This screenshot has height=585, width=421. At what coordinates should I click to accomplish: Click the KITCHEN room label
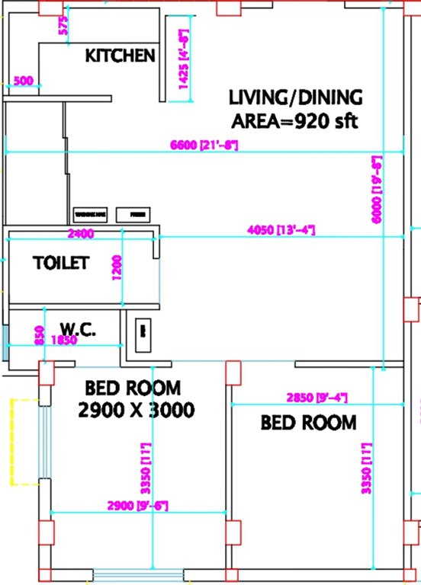(x=120, y=56)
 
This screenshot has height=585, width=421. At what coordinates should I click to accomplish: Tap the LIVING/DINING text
(x=296, y=98)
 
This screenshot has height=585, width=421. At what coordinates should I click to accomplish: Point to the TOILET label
(x=61, y=264)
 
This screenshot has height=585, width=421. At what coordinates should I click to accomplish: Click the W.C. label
(x=76, y=330)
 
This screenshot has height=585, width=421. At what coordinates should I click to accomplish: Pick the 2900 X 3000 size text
(x=137, y=411)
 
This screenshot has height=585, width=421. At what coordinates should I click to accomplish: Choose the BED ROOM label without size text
(x=308, y=422)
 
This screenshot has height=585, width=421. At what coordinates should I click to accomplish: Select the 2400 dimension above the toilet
(x=81, y=233)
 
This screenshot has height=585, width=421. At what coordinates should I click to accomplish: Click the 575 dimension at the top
(x=63, y=25)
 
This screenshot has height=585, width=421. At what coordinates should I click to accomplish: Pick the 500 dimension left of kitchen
(x=24, y=81)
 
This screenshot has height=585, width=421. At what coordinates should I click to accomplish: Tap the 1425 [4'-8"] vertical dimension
(x=184, y=61)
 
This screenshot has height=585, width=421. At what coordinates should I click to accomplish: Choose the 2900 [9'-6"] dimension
(x=137, y=505)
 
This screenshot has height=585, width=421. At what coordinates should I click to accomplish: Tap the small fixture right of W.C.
(x=142, y=331)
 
